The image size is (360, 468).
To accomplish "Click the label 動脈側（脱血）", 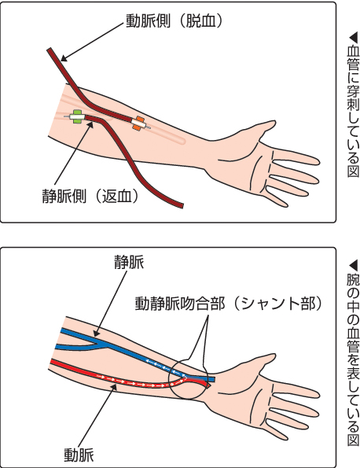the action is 174,21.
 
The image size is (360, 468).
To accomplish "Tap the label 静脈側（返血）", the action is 90,196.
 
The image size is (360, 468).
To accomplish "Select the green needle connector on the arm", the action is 78,116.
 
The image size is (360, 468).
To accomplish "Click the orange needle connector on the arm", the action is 138,123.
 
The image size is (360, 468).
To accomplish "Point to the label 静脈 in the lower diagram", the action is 129,263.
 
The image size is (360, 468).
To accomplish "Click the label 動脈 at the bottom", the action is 79,455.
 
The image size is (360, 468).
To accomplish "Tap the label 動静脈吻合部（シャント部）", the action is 229,304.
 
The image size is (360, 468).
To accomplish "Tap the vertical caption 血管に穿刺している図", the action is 353,105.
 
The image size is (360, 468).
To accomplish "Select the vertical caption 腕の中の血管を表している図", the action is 353,353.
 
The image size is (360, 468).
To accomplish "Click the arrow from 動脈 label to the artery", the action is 97,415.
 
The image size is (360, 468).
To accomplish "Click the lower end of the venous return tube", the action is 181,205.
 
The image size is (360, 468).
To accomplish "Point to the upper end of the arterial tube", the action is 50,50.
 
